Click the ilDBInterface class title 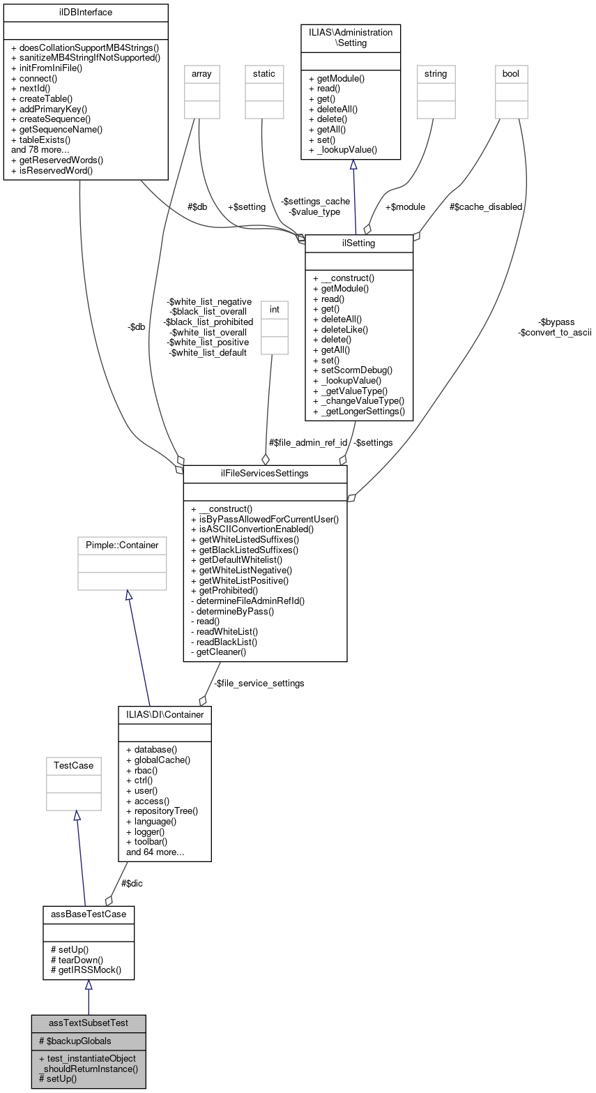86,13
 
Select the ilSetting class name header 359,243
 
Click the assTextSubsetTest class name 89,1023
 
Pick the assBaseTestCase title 89,913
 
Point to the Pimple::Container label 122,545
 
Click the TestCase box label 74,765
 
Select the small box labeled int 274,309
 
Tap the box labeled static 264,73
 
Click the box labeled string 435,73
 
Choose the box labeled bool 511,73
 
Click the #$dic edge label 133,883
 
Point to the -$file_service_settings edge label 259,684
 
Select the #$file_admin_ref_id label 308,442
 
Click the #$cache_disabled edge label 486,207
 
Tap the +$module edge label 405,207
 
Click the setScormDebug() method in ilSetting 353,370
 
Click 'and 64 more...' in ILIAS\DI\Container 155,852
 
